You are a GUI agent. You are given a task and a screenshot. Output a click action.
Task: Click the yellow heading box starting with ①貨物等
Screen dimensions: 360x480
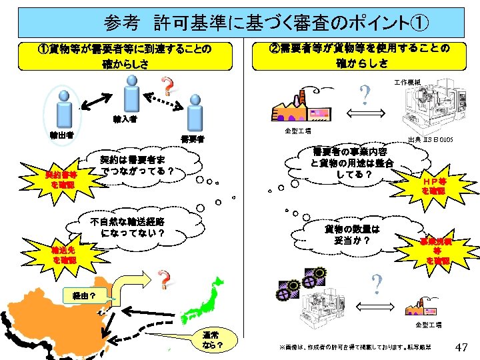tap(126, 56)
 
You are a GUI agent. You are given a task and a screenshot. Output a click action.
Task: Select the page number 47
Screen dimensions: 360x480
tap(461, 347)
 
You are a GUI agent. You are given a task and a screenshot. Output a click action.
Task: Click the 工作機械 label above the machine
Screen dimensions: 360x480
tap(407, 82)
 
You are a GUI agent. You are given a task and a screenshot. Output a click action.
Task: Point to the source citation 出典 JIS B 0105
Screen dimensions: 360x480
tap(431, 141)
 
